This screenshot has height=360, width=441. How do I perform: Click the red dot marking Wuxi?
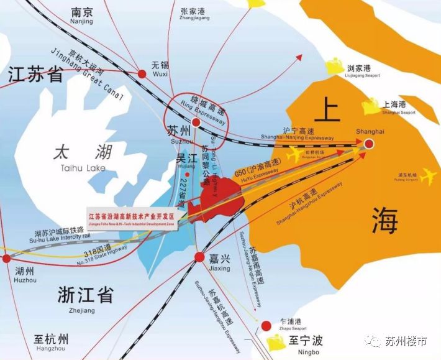[x=142, y=74]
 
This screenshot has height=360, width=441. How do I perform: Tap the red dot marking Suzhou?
[x=196, y=122]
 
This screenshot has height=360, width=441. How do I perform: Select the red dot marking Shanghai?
[x=369, y=144]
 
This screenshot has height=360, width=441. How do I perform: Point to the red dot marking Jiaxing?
[x=199, y=257]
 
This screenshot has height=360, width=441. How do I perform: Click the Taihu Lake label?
[x=83, y=158]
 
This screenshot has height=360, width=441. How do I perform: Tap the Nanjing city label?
[x=82, y=16]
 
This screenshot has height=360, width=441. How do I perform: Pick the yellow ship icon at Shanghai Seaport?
[x=373, y=107]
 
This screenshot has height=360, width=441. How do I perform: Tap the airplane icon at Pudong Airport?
[x=427, y=177]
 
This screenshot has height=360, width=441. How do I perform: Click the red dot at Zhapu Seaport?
[x=266, y=325]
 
